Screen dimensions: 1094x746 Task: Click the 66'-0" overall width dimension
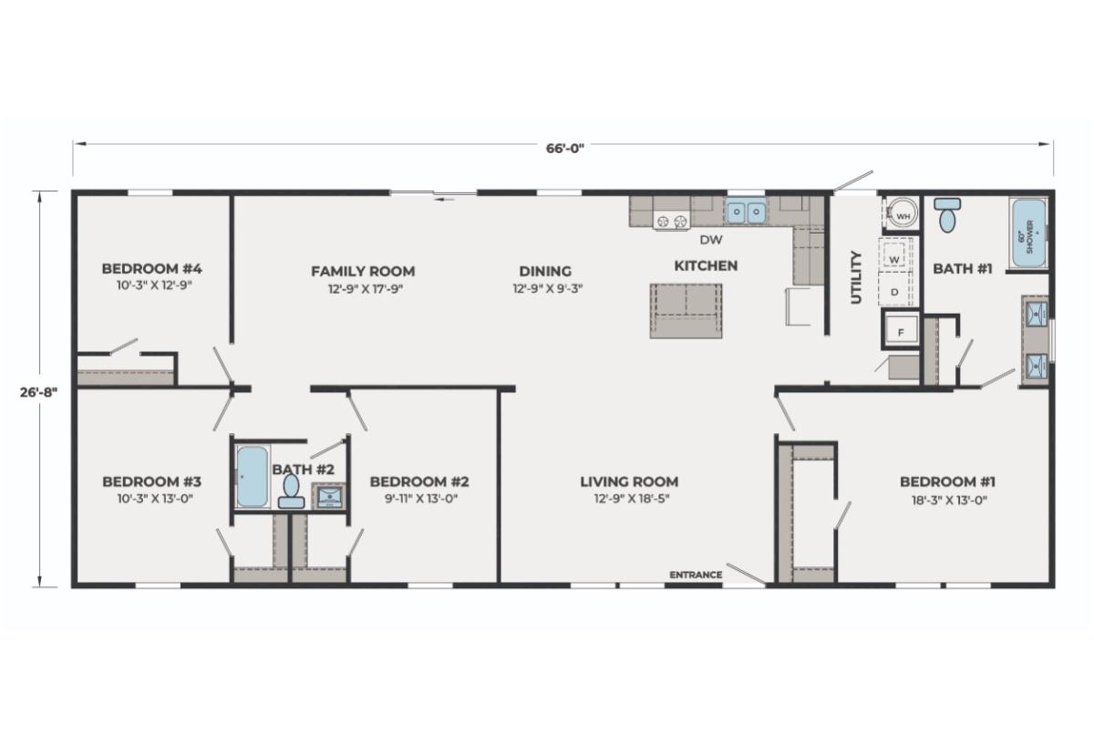tap(565, 148)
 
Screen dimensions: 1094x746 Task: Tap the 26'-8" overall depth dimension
tap(38, 392)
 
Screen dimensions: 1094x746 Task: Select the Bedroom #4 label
tap(152, 269)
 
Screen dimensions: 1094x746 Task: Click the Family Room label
tap(364, 271)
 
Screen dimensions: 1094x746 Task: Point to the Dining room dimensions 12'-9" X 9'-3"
tap(548, 289)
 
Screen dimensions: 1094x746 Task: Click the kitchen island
tap(686, 311)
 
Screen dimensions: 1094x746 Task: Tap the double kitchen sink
tap(746, 212)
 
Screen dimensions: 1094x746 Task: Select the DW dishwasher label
tap(711, 239)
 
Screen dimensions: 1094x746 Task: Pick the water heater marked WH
tap(902, 213)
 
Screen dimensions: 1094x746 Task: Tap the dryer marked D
tap(894, 290)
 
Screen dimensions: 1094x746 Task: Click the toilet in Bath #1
tap(947, 214)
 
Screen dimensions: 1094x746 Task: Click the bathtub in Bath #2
tap(252, 477)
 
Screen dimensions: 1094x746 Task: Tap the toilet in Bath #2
tap(292, 492)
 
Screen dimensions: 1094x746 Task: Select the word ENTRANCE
tap(696, 575)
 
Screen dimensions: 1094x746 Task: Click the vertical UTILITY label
tap(857, 277)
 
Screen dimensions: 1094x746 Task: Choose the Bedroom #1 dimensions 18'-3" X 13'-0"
tap(947, 500)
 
